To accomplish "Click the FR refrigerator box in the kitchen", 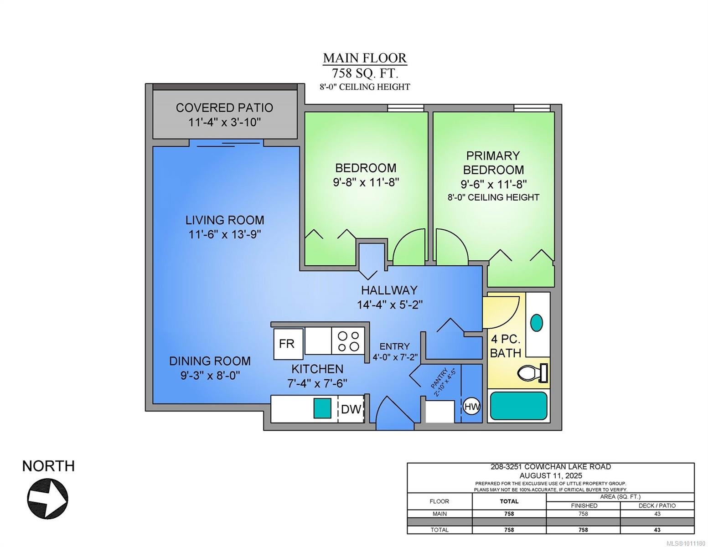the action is (288, 344).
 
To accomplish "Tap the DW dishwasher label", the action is (351, 409).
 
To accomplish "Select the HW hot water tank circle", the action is (472, 407).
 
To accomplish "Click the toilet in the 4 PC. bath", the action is (532, 372).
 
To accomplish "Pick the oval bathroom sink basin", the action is (537, 323).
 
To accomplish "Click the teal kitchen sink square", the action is (323, 408).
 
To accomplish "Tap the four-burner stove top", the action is (348, 341).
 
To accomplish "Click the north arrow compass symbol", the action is (48, 499).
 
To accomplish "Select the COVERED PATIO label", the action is (224, 108).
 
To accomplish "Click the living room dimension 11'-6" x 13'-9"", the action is (225, 234).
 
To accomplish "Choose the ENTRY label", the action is (394, 346).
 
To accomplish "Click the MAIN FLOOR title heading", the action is (365, 58).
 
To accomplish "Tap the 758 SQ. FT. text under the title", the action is (365, 73).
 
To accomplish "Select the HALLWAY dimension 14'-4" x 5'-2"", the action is (390, 305).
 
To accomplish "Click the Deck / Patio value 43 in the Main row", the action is (657, 514).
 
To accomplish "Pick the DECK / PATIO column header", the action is (657, 506).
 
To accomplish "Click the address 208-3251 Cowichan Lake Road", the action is (551, 467).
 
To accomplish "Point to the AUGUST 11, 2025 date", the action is (551, 475).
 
